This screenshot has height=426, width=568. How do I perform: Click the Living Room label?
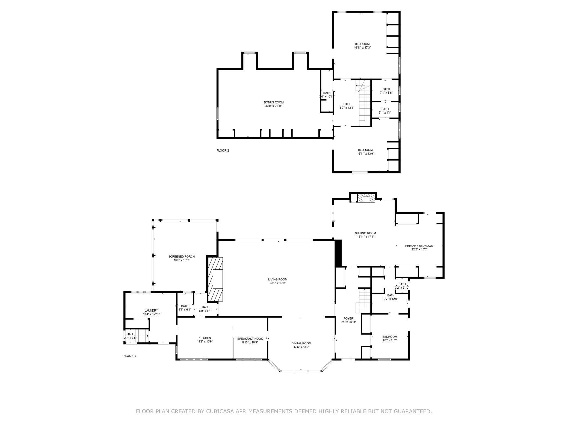point(277,281)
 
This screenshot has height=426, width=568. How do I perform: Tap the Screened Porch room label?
point(181,258)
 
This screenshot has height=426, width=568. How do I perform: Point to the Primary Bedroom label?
point(419,247)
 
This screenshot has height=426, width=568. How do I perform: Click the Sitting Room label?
point(365,235)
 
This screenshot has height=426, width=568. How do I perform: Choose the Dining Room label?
point(301,345)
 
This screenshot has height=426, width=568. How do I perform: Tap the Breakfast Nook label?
point(250,341)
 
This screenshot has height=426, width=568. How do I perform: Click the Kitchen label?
point(205,340)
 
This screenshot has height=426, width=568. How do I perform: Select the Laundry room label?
point(151,312)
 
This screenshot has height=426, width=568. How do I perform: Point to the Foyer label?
point(348,320)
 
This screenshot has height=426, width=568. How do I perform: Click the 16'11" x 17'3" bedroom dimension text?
point(362,48)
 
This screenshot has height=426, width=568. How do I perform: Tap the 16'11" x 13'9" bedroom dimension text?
point(365,153)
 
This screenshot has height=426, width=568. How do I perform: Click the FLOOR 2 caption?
point(223,150)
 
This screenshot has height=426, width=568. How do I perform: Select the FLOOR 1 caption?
point(130,356)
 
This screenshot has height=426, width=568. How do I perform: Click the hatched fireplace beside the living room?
point(215,279)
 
